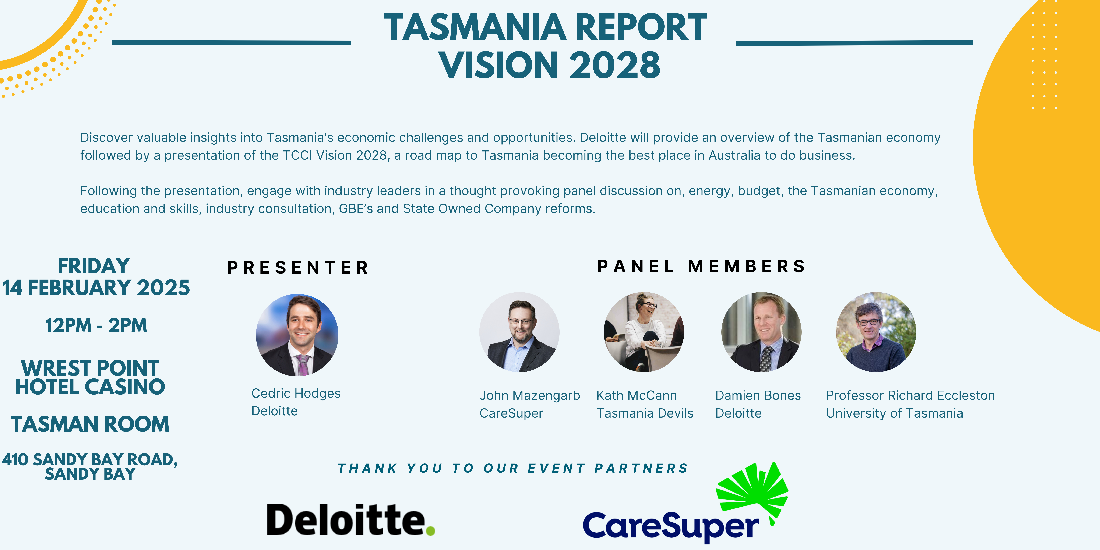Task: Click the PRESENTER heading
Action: [x=298, y=268]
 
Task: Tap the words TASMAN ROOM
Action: [x=90, y=424]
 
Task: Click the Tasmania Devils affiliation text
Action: [x=645, y=413]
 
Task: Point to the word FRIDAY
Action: [x=94, y=266]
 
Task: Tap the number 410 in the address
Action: [x=15, y=460]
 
